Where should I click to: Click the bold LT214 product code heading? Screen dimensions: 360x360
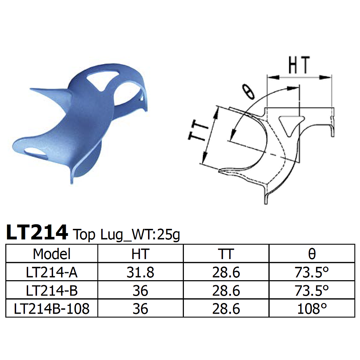[x=37, y=232]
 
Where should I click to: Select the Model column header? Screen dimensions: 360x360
[x=52, y=253]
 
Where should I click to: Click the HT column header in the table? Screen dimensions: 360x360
[x=140, y=253]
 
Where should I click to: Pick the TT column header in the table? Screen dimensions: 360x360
[x=226, y=253]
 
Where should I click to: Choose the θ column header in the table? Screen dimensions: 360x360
[x=311, y=253]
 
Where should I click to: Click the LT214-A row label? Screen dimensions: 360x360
[x=52, y=272]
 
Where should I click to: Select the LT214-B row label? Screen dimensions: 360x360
[x=52, y=290]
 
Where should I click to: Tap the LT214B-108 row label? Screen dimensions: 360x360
[x=52, y=309]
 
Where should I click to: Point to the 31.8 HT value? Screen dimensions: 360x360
[x=140, y=272]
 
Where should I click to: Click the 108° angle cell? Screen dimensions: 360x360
[x=311, y=309]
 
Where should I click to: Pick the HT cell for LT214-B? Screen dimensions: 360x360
[x=140, y=290]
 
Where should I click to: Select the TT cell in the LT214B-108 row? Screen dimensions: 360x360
[x=226, y=309]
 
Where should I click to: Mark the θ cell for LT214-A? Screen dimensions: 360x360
[x=311, y=272]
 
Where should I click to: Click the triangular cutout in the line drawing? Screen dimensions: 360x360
[x=289, y=124]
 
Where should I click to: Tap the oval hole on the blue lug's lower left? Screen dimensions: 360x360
[x=37, y=152]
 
